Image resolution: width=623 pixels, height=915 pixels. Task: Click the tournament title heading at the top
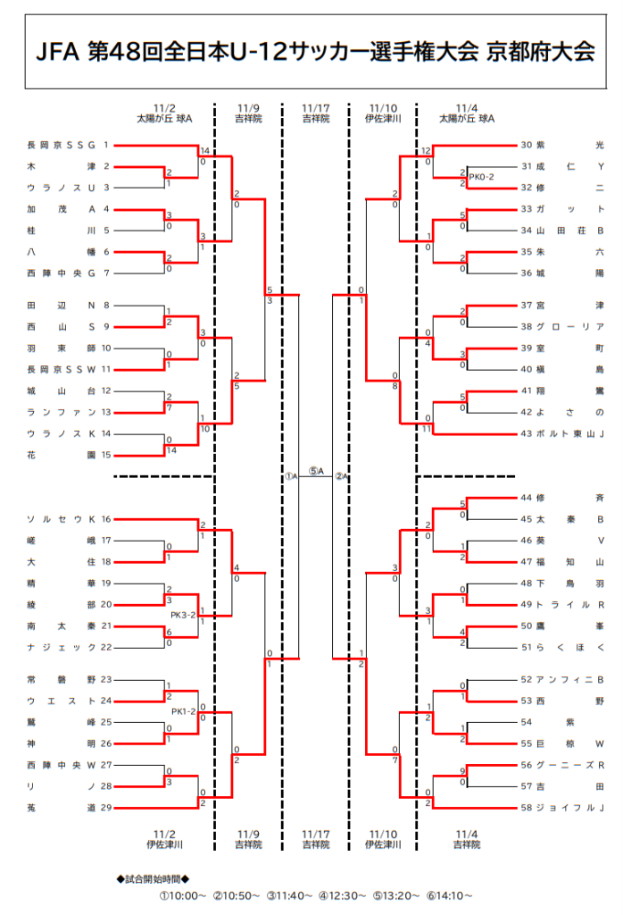[x=315, y=52]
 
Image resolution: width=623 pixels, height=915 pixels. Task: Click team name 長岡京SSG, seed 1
[x=62, y=145]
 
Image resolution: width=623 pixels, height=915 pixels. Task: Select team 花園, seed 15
[x=62, y=455]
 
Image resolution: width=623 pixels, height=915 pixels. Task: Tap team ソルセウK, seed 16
[x=62, y=519]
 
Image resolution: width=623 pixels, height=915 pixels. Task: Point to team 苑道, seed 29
[x=62, y=808]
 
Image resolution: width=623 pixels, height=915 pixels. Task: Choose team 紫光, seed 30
[x=570, y=145]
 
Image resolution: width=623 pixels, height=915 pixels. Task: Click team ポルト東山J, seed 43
[x=570, y=433]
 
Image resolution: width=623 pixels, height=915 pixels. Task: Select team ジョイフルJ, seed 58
[x=570, y=808]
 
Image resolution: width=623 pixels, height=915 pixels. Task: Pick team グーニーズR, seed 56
[x=570, y=765]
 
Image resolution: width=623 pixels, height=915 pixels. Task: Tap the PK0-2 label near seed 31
[x=481, y=177]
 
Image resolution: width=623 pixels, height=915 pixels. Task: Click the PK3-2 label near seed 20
[x=183, y=615]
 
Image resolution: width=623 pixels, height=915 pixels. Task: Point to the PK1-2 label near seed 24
[x=184, y=712]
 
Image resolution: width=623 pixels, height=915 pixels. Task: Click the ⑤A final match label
[x=316, y=472]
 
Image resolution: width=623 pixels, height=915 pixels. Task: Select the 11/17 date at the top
[x=316, y=108]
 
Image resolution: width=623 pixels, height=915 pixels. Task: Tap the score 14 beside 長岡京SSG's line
[x=204, y=150]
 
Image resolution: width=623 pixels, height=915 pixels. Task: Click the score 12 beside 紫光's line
[x=426, y=150]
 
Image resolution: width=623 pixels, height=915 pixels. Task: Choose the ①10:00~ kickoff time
[x=183, y=895]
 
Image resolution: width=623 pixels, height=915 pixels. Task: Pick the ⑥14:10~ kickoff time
[x=449, y=895]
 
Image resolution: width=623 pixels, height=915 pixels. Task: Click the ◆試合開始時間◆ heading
[x=154, y=879]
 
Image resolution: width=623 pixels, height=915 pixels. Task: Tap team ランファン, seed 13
[x=62, y=412]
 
